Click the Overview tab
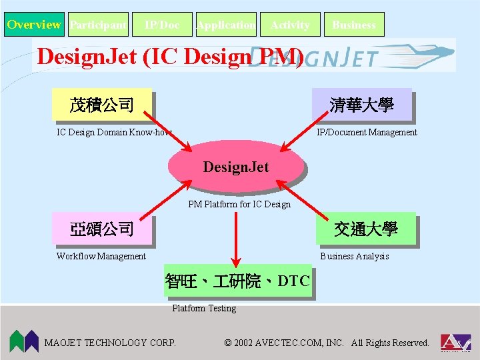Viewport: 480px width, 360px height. (34, 25)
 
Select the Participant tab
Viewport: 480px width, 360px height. (98, 25)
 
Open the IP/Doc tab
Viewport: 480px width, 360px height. (162, 25)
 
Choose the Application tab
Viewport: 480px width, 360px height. (226, 25)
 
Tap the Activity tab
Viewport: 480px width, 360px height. (290, 25)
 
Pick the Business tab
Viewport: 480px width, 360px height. (354, 25)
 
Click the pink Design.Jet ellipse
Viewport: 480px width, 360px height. (235, 166)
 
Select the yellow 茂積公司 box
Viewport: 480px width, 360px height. (102, 105)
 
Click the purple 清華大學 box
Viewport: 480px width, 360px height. (362, 105)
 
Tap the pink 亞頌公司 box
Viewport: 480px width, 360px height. (102, 229)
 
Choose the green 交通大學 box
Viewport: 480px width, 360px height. (366, 229)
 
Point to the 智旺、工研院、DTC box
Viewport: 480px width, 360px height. (237, 281)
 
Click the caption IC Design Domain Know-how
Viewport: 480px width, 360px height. (114, 132)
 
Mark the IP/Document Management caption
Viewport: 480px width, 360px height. (367, 132)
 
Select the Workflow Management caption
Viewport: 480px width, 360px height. (101, 256)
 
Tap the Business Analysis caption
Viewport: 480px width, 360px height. (355, 256)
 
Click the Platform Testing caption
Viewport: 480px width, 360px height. (204, 308)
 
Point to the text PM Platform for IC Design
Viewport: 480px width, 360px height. (239, 204)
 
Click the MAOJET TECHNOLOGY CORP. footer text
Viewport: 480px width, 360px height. (110, 343)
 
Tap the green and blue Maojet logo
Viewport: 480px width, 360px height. (23, 341)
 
